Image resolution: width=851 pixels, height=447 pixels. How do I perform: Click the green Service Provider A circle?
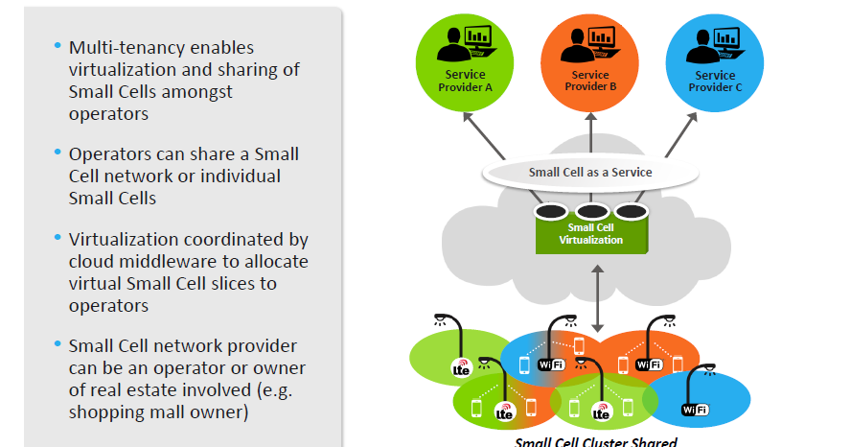click(x=465, y=62)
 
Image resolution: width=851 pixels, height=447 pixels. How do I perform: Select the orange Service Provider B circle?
click(x=589, y=62)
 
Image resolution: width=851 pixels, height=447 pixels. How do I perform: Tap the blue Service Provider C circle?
click(x=715, y=62)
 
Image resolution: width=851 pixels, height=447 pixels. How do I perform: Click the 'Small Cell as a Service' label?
click(x=590, y=172)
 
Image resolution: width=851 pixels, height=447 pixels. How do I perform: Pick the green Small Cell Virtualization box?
click(x=591, y=233)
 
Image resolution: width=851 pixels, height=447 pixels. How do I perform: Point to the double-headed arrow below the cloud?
click(x=598, y=298)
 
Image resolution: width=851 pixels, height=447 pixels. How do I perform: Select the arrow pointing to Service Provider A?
click(x=484, y=135)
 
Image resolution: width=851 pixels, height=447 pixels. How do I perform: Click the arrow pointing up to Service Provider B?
click(x=591, y=132)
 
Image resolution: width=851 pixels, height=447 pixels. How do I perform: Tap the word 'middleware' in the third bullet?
click(x=189, y=261)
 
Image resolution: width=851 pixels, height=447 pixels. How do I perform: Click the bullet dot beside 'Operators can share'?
click(x=57, y=153)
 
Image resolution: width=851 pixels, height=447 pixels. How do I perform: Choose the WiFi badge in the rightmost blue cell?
click(x=695, y=410)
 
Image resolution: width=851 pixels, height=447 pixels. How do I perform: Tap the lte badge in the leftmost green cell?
click(x=461, y=367)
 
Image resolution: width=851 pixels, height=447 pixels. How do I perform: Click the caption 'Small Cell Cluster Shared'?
click(x=596, y=441)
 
